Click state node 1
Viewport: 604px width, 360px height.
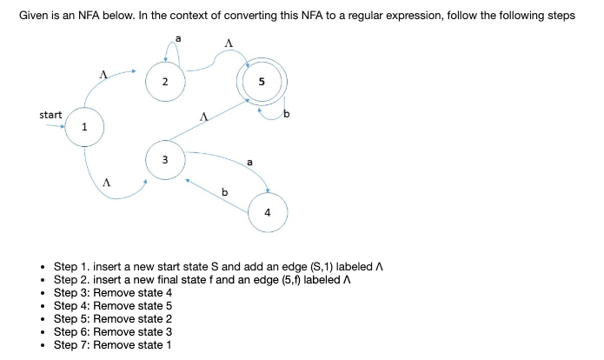pyautogui.click(x=83, y=127)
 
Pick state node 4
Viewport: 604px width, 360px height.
pyautogui.click(x=267, y=212)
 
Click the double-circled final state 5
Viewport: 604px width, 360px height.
pyautogui.click(x=262, y=83)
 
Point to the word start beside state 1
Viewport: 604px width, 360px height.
pyautogui.click(x=50, y=115)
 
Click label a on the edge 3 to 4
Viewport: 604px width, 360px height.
pyautogui.click(x=250, y=161)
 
